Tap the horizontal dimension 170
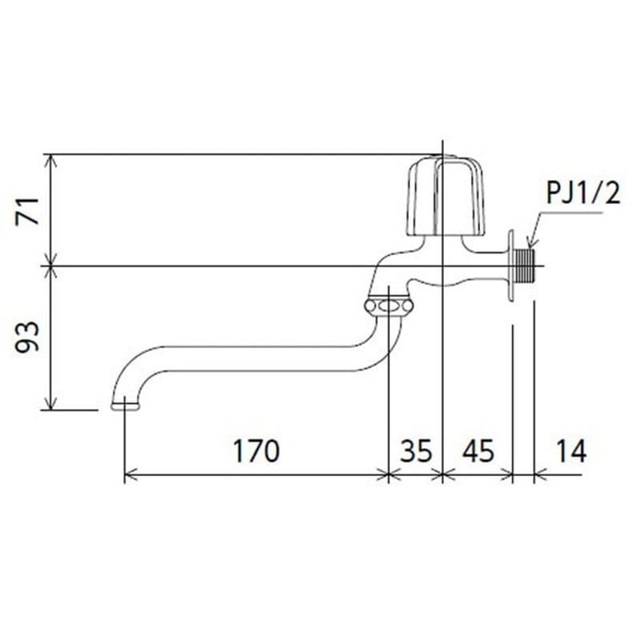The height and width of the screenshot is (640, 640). point(256,451)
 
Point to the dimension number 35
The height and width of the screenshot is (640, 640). point(415,451)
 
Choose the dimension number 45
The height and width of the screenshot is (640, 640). point(477,451)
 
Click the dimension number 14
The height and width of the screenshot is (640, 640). point(569,451)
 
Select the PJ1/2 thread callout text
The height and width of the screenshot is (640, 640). point(583,194)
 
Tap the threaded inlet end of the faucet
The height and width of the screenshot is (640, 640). point(525,265)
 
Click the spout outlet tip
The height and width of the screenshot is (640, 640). point(122,405)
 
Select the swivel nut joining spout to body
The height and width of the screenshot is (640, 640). point(388,306)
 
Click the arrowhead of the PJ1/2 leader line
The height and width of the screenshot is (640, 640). point(529,242)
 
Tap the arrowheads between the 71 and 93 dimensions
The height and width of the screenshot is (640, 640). point(52,265)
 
